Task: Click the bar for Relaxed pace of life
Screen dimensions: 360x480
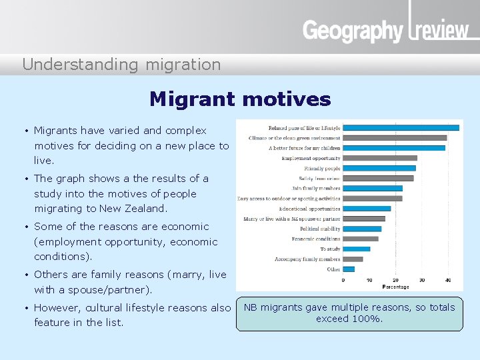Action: click(401, 128)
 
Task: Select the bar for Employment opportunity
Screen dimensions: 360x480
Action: click(380, 158)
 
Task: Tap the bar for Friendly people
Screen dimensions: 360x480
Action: click(379, 168)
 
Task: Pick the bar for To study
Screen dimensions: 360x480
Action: click(357, 249)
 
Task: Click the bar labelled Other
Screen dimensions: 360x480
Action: click(349, 269)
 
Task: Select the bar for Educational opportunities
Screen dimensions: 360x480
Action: click(367, 209)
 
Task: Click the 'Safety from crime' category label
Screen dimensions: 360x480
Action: click(319, 178)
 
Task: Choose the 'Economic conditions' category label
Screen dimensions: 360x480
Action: click(316, 239)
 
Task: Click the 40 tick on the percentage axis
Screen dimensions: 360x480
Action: click(448, 280)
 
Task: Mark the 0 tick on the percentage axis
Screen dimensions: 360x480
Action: click(343, 280)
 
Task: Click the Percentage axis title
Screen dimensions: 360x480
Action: click(395, 287)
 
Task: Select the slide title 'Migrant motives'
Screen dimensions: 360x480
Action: click(240, 99)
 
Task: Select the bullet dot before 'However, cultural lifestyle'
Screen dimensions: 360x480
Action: click(25, 308)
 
